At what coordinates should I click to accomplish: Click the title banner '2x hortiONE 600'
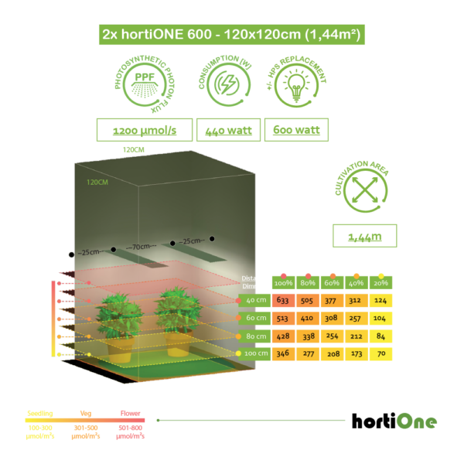[x=232, y=35]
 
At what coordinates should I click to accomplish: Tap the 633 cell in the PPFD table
[x=281, y=301]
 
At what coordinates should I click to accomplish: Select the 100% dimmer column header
[x=281, y=282]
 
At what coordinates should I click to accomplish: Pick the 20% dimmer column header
[x=380, y=282]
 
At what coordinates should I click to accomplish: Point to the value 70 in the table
[x=380, y=354]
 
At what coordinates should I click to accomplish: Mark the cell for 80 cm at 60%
[x=331, y=336]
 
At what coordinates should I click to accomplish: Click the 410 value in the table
[x=307, y=319]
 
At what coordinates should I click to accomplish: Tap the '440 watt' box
[x=228, y=130]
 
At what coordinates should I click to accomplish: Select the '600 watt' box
[x=296, y=130]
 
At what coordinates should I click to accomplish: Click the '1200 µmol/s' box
[x=145, y=130]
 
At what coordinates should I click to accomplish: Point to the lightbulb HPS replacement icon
[x=296, y=82]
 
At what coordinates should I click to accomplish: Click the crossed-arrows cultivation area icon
[x=364, y=188]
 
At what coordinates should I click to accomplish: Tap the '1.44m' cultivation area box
[x=364, y=235]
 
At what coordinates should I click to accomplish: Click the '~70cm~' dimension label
[x=142, y=247]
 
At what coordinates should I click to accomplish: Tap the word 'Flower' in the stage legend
[x=130, y=414]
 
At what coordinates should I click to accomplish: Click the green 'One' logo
[x=416, y=421]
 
